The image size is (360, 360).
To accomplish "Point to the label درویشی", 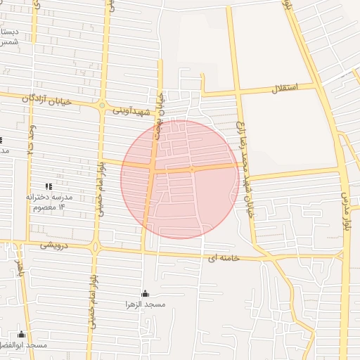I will pos(54,245).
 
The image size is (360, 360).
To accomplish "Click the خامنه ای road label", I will pos(224,258).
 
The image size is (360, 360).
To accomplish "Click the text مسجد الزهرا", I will pos(145,304).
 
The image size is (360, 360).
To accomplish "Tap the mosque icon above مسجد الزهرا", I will pos(145,294).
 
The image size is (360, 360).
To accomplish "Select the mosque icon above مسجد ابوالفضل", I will pos(21,335).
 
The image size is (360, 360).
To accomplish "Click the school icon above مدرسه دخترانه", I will pos(49,186).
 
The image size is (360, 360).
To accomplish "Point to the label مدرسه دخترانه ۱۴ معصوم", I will pos(50,202).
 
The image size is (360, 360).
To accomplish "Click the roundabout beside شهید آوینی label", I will pos(102,105).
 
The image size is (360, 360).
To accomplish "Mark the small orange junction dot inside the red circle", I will pos(191,169).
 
